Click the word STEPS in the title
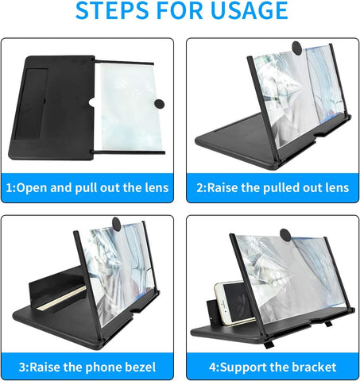click(111, 12)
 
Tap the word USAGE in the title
click(246, 12)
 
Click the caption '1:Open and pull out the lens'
click(88, 188)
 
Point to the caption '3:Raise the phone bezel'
click(88, 367)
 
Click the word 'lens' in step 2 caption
click(335, 188)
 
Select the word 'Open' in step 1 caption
click(31, 188)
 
